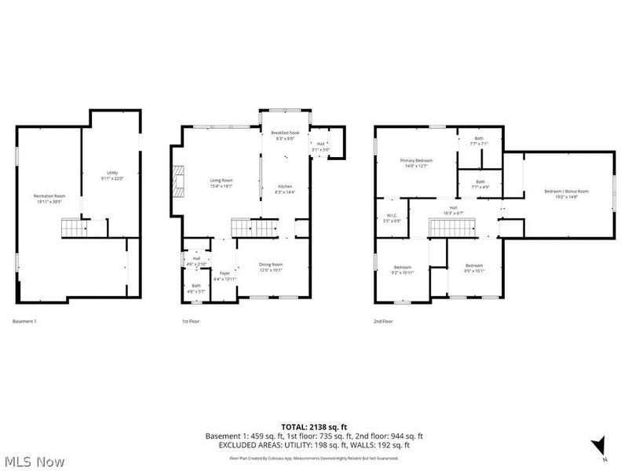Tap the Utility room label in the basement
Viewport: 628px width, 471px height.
coord(113,175)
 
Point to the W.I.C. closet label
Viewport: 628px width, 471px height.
coord(392,218)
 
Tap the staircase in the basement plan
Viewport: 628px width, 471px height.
coord(74,228)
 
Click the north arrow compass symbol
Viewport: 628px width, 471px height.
coord(599,444)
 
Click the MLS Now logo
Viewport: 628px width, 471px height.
coord(34,462)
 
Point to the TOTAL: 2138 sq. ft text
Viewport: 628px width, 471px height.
coord(314,425)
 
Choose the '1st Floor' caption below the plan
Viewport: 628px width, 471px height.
coord(191,321)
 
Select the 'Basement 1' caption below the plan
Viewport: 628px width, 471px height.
coord(24,321)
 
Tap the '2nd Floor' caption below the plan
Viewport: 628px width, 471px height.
coord(383,321)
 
